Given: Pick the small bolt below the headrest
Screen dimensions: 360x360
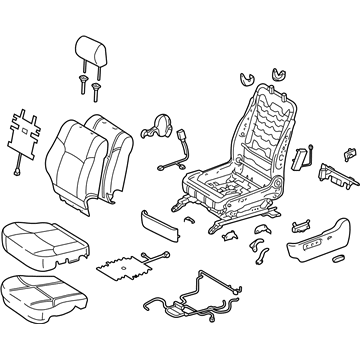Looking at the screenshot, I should (x=96, y=93).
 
